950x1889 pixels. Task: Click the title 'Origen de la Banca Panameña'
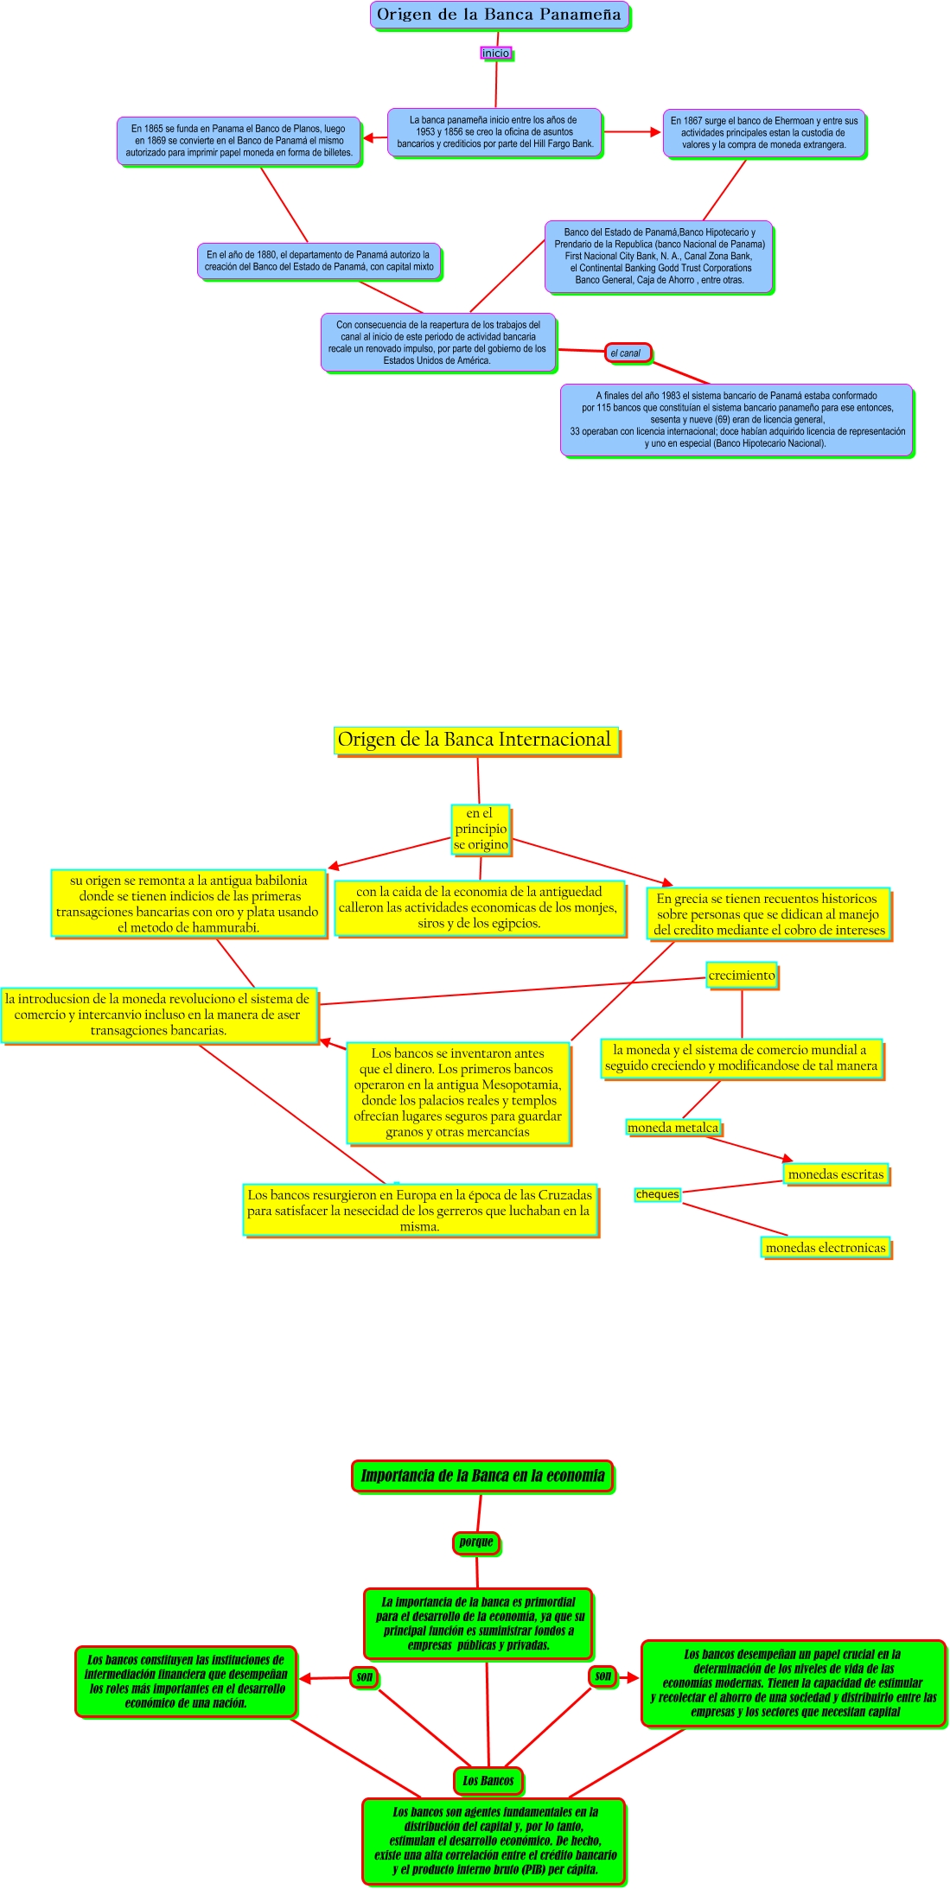coord(499,15)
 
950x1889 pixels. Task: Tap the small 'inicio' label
coord(495,53)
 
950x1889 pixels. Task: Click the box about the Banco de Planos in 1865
coord(239,141)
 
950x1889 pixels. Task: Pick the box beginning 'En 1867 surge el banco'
coord(763,133)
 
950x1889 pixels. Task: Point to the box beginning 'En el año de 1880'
coord(319,261)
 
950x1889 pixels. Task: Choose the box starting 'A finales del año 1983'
coord(736,420)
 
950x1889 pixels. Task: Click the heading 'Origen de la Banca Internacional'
coord(475,740)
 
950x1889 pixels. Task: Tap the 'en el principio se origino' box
coord(481,829)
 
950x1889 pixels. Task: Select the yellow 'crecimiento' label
coord(742,976)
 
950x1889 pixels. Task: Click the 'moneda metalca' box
coord(673,1127)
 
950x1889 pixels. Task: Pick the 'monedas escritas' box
coord(836,1174)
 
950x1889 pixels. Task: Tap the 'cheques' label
coord(657,1194)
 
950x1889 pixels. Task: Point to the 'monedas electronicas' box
coord(826,1248)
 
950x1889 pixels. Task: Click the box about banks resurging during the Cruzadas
coord(420,1210)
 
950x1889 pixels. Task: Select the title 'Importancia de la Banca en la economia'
coord(482,1476)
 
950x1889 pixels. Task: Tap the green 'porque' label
coord(476,1542)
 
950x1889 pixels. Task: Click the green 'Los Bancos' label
coord(488,1781)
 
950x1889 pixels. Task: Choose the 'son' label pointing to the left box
coord(365,1677)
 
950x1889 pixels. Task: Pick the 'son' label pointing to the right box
coord(603,1676)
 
